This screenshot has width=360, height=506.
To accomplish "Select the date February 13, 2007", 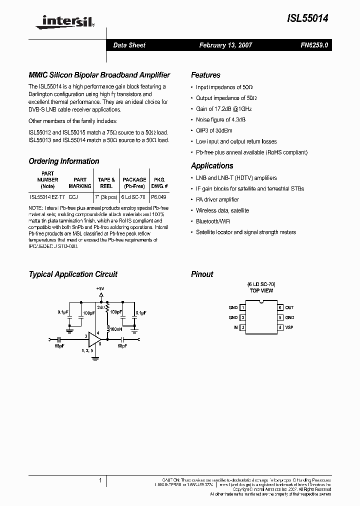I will pos(225,45).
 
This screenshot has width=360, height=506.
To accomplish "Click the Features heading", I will pos(205,75).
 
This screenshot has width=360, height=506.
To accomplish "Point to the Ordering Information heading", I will pos(64,161).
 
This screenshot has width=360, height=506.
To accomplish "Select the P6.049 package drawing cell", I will pos(159,197).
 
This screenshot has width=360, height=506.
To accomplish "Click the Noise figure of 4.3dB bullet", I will pos(220,119).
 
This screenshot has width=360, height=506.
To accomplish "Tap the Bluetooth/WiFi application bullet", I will pos(213,221).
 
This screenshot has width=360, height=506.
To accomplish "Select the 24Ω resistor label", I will pos(102,307).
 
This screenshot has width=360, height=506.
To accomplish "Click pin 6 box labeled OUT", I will pos(280,307).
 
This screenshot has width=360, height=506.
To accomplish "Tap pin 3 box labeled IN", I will pos(243,327).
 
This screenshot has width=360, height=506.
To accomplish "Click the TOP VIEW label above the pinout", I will pos(261,290).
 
